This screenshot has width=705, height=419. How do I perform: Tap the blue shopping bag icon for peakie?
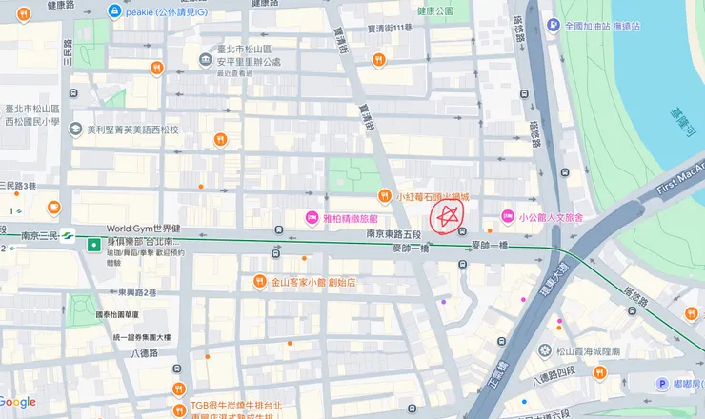[115, 11]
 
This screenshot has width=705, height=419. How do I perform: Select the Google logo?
[18, 402]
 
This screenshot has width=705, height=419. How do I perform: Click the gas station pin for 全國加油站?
[554, 27]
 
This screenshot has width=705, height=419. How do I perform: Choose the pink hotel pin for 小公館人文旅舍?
[507, 217]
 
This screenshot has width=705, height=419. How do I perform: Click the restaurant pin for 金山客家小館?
[259, 282]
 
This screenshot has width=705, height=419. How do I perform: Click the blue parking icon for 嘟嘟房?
[662, 383]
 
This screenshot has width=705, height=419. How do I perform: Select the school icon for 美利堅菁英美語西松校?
[75, 130]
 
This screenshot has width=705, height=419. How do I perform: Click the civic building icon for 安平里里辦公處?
[206, 61]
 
